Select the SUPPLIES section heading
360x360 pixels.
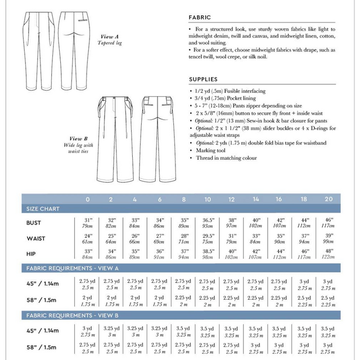203,79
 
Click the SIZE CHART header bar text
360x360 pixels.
42,209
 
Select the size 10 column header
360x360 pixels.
208,199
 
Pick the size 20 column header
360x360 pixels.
328,199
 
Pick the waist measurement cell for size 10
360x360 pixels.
208,238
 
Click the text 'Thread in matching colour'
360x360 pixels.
223,158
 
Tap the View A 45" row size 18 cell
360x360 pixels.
304,283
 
